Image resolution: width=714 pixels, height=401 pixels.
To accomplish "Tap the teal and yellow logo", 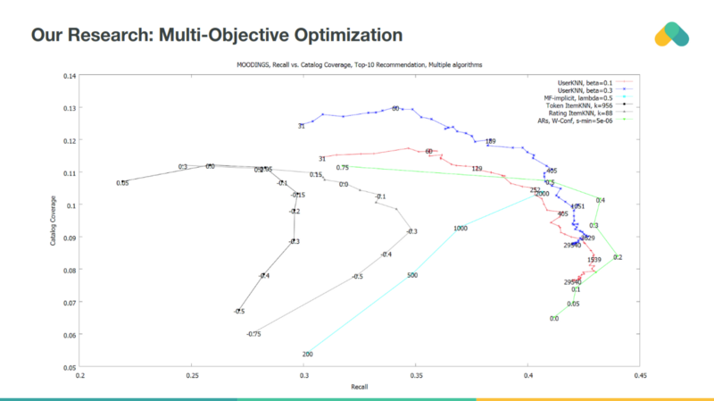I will pos(671,35).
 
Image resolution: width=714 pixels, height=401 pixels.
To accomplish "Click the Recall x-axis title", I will pos(359,388).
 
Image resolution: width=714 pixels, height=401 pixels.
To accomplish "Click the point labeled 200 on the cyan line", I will pos(307,355).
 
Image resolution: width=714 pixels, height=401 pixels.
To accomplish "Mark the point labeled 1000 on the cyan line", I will pos(461,229).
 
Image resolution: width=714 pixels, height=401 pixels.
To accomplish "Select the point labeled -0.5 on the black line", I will pos(238,311).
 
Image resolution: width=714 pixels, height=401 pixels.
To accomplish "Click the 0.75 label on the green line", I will pos(342,167).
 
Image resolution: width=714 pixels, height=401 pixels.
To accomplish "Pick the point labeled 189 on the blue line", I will pos(490,142).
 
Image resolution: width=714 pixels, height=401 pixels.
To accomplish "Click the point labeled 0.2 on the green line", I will pos(618,257).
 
